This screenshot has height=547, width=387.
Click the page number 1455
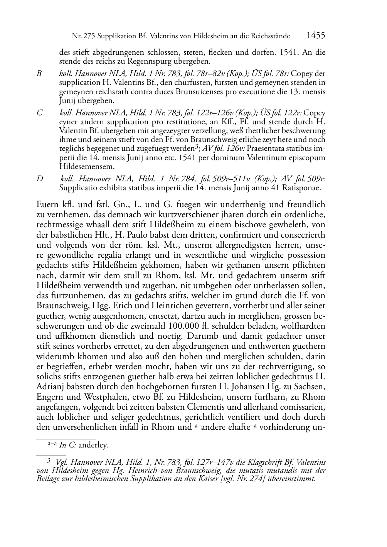tap(316, 36)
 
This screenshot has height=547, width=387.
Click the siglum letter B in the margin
tap(39, 73)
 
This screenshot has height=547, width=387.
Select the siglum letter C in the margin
tap(39, 113)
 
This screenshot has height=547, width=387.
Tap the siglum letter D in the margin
tap(39, 179)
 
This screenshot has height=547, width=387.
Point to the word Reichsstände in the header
tap(272, 36)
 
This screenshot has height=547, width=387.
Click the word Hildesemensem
tap(87, 167)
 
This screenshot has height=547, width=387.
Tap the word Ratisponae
tap(304, 188)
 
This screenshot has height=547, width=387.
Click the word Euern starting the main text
tap(47, 204)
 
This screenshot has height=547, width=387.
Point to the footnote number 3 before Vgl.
tap(49, 460)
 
